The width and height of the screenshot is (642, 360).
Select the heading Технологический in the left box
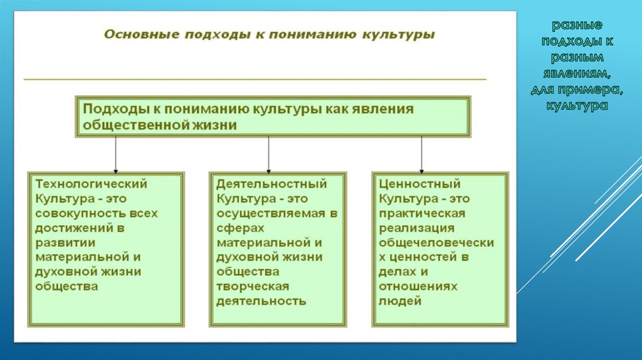click(x=92, y=184)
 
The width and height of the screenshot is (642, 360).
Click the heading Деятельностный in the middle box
click(x=272, y=184)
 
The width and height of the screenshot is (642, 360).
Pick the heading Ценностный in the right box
click(x=419, y=184)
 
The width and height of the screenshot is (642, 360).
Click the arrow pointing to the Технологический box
click(x=115, y=155)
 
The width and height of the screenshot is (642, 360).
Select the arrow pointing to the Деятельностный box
click(x=268, y=155)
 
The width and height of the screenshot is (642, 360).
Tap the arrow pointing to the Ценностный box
click(x=422, y=155)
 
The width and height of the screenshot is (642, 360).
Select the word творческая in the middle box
click(x=253, y=286)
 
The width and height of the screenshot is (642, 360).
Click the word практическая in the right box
click(x=422, y=213)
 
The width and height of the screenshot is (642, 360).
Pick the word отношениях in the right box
click(x=418, y=286)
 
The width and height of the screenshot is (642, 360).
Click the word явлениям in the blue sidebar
click(x=577, y=73)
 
